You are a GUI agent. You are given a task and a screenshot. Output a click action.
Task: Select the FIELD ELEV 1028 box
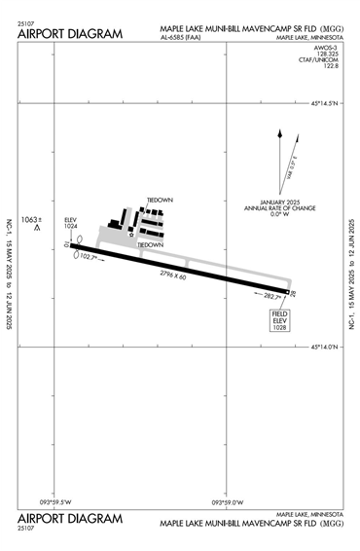[x=280, y=321]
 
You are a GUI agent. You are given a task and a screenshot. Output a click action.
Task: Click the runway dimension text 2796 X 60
[x=173, y=276]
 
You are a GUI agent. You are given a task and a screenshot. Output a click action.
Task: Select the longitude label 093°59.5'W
[x=57, y=502]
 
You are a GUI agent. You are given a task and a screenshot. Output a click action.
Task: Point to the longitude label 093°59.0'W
[x=231, y=502]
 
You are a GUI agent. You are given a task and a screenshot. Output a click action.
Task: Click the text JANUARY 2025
[x=267, y=202]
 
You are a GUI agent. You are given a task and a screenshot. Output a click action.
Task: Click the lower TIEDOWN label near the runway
[x=150, y=245]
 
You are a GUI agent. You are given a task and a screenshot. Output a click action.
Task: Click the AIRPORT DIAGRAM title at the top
[x=70, y=35]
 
